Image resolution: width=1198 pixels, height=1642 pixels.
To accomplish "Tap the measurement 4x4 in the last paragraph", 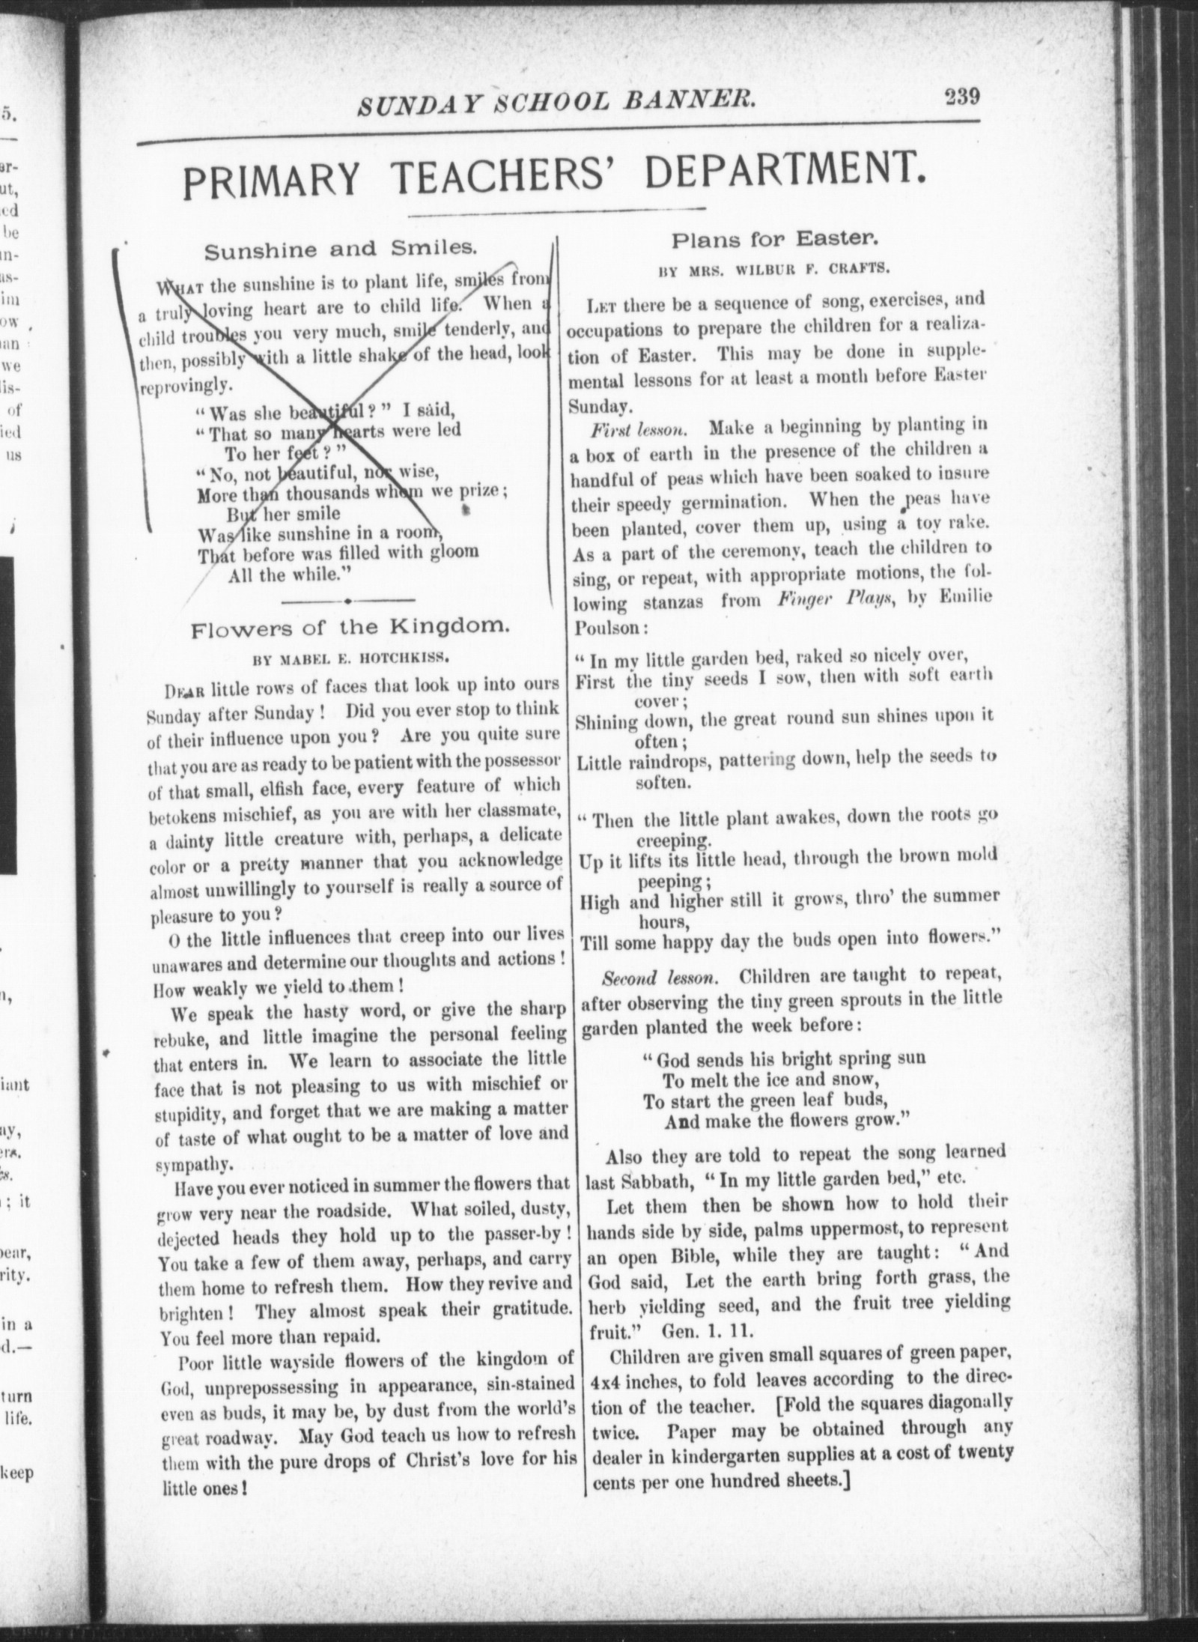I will [x=606, y=1378].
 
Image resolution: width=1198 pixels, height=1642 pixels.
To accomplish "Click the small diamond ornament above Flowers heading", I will [x=350, y=600].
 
